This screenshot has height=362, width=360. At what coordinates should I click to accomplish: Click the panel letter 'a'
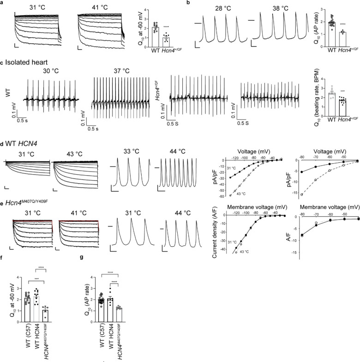click(2, 4)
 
